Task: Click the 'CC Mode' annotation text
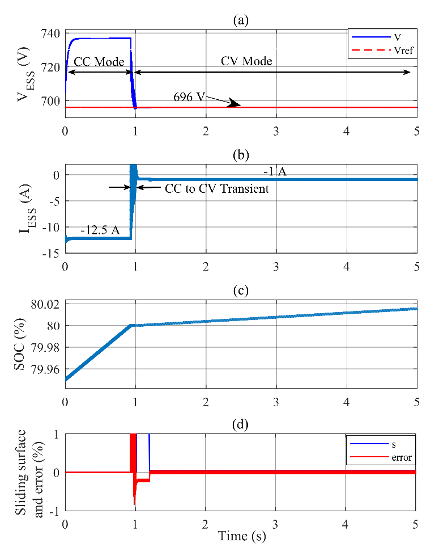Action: pos(98,61)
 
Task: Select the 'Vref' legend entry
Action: pos(402,51)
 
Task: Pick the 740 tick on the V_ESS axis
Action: pos(52,33)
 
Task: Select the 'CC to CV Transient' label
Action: pos(217,188)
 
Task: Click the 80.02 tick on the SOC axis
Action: pos(48,304)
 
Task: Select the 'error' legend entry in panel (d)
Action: pos(401,456)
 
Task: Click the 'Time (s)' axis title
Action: pos(241,534)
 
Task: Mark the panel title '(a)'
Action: pos(241,21)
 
